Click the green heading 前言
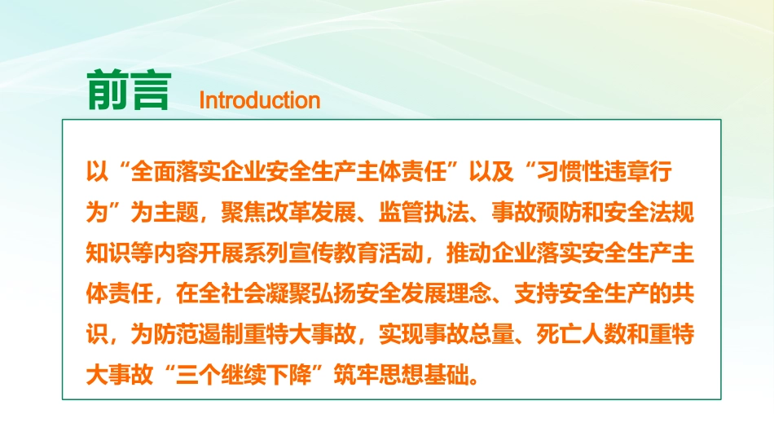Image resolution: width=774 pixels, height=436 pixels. [x=128, y=90]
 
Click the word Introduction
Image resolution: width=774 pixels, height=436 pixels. [x=259, y=100]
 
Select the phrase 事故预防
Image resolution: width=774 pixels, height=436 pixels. [x=539, y=214]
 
